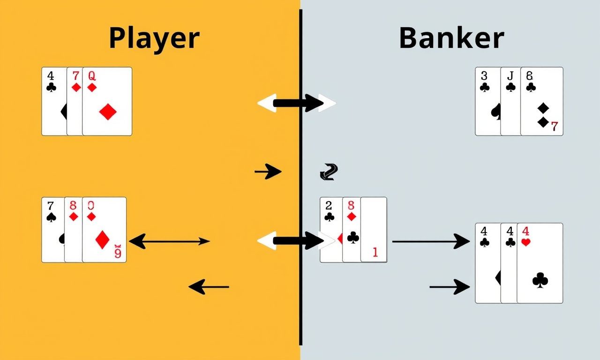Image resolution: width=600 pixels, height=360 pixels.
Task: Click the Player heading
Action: click(x=154, y=38)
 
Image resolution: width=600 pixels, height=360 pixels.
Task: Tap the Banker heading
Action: click(x=451, y=38)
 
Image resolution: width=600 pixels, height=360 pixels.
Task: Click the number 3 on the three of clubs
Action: click(x=485, y=75)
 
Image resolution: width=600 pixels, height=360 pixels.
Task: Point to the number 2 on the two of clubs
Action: click(x=329, y=205)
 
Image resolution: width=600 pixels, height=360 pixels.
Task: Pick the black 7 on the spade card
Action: click(x=51, y=205)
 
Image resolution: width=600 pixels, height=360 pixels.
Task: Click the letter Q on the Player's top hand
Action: click(x=92, y=75)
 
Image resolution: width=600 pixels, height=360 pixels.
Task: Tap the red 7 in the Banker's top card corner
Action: click(x=555, y=126)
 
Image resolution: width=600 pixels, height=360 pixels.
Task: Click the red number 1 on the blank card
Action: click(x=375, y=252)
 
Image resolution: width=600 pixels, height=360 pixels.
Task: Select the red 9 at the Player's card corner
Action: click(x=118, y=253)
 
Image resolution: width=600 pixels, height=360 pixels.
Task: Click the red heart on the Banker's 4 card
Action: click(x=526, y=242)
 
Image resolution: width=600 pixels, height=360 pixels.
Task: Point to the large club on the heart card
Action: click(x=540, y=280)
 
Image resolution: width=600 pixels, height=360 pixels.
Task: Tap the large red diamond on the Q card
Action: click(x=108, y=112)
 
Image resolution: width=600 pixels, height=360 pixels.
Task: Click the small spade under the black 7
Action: click(x=51, y=217)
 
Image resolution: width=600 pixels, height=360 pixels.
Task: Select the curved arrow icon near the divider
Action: click(x=329, y=172)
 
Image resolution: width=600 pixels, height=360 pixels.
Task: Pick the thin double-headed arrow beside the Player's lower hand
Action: click(x=169, y=242)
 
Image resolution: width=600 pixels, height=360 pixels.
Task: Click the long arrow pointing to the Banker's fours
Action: click(x=431, y=241)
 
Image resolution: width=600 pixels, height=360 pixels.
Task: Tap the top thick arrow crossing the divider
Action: click(x=297, y=103)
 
